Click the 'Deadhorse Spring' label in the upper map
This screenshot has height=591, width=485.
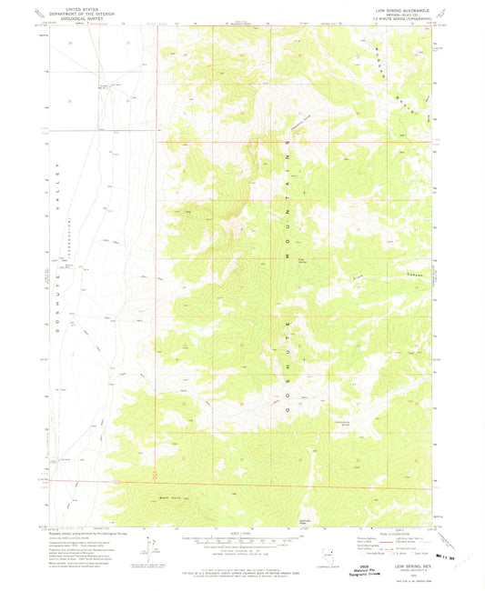point(278,115)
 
